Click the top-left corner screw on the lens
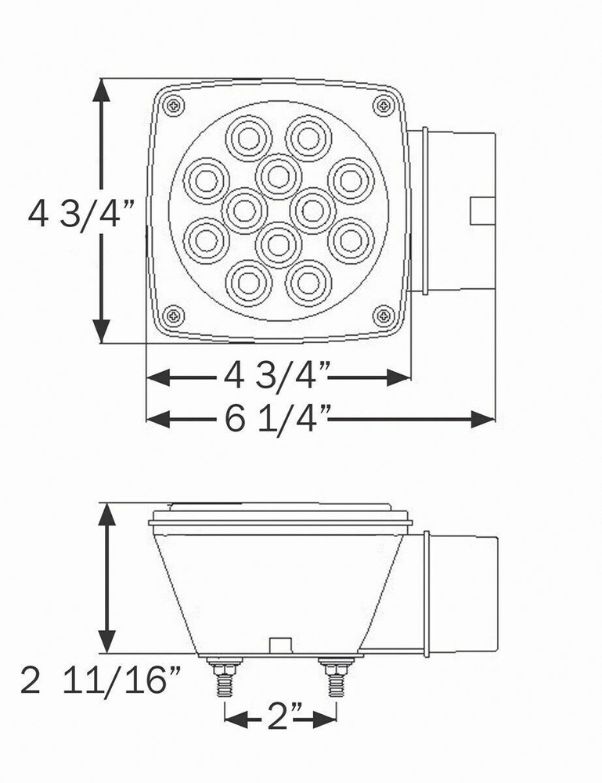(175, 106)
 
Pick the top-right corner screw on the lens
(384, 105)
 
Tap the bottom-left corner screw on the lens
(175, 315)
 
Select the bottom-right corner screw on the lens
(384, 315)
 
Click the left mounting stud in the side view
(225, 677)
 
